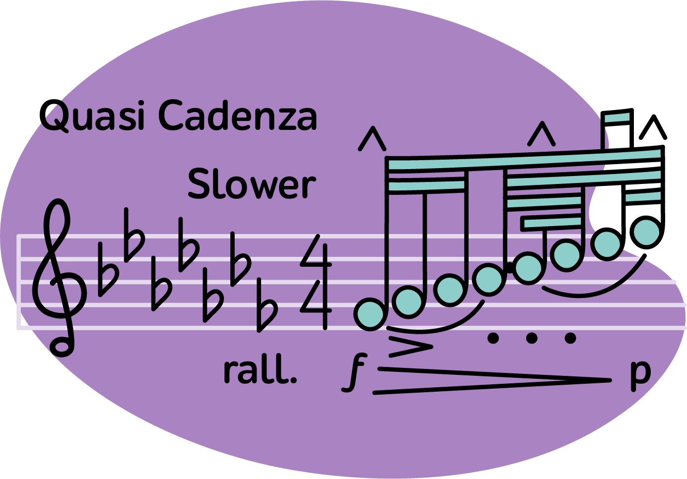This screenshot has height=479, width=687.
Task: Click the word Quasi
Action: pyautogui.click(x=92, y=117)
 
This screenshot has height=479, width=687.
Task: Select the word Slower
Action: pyautogui.click(x=251, y=184)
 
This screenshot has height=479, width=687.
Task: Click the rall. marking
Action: pyautogui.click(x=260, y=370)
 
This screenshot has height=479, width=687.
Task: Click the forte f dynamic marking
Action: pyautogui.click(x=354, y=372)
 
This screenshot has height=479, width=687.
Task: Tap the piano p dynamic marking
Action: pyautogui.click(x=640, y=373)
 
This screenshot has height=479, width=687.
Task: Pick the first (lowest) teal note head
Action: pyautogui.click(x=370, y=314)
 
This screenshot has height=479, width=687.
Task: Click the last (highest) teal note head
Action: pyautogui.click(x=647, y=232)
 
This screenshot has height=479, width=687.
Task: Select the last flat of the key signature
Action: pyautogui.click(x=267, y=305)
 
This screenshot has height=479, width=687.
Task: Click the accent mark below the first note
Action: pyautogui.click(x=411, y=346)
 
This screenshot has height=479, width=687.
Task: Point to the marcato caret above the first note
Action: pyautogui.click(x=372, y=139)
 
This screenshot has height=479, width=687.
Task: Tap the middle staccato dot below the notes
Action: pyautogui.click(x=532, y=338)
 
